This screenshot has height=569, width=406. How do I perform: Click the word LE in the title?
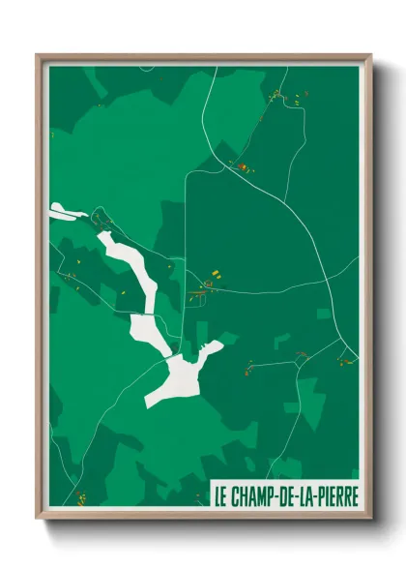tap(221, 496)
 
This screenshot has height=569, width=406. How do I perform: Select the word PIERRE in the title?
tap(334, 496)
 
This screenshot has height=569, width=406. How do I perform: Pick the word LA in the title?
tap(306, 496)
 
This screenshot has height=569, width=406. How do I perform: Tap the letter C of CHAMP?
tap(236, 496)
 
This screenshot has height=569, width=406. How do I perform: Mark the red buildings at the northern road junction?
tap(242, 167)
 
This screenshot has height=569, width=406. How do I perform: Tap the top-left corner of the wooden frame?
tap(38, 55)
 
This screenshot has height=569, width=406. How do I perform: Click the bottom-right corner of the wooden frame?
tap(370, 517)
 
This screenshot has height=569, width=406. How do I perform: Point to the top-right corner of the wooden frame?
tap(370, 55)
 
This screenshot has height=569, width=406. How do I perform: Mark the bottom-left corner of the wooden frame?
tap(38, 517)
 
